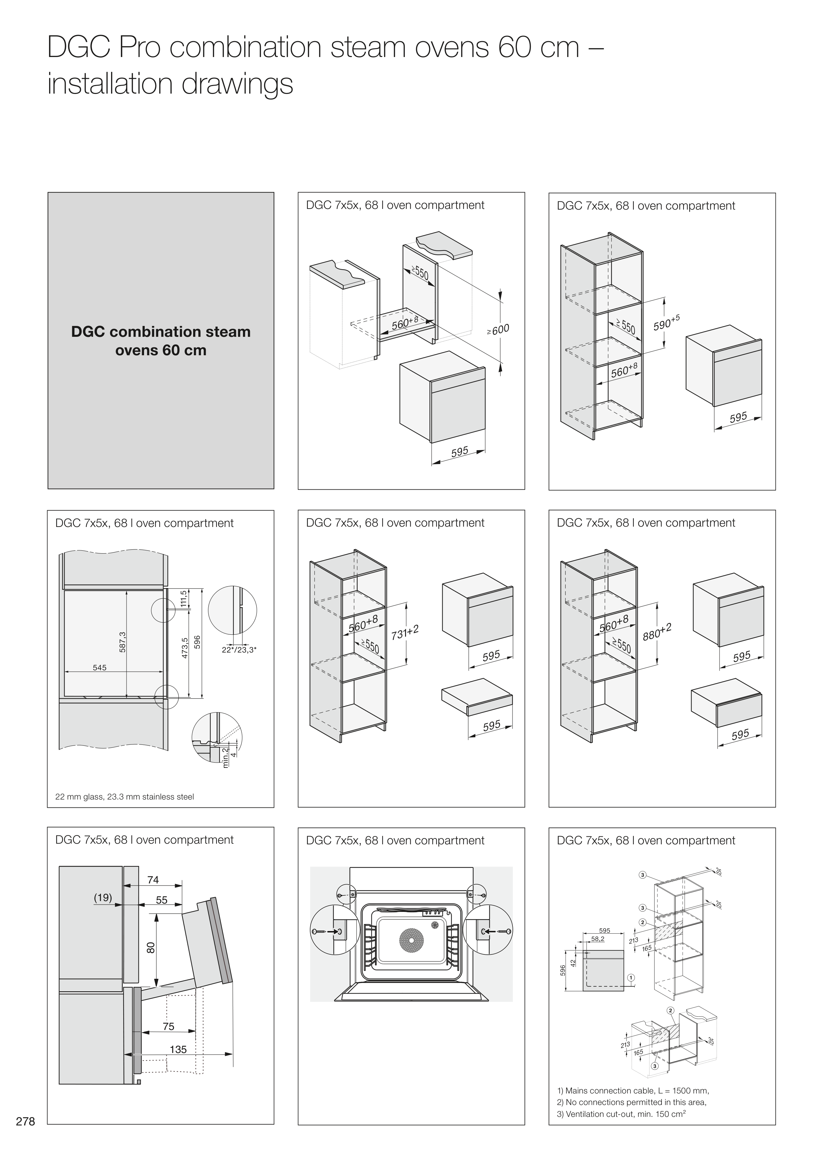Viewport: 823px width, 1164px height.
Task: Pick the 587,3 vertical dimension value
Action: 122,642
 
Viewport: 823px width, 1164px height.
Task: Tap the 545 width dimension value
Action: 100,668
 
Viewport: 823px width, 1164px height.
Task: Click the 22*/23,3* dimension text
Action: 239,649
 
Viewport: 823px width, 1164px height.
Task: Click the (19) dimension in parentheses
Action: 103,897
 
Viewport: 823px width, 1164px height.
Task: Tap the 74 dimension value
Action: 153,880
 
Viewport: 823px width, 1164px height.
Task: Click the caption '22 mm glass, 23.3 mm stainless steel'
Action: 124,797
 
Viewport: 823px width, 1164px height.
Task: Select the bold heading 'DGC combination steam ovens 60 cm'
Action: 161,341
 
